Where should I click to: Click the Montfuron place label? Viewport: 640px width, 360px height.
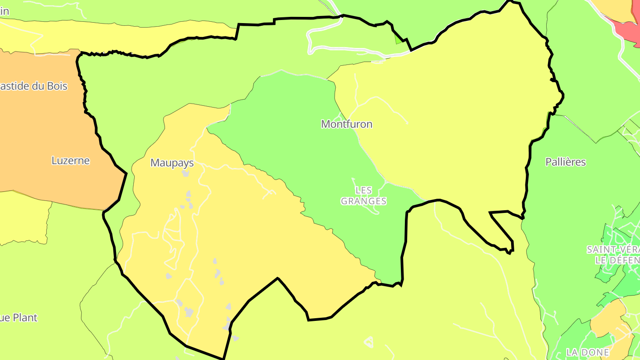tap(347, 124)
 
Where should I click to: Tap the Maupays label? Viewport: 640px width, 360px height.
tap(172, 163)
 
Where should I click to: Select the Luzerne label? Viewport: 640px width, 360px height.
tap(71, 160)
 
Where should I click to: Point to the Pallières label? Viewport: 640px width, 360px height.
tap(566, 162)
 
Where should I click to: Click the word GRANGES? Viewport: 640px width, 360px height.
tap(364, 201)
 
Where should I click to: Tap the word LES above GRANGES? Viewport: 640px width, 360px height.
tap(364, 190)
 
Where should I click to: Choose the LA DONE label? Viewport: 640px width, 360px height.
tap(588, 352)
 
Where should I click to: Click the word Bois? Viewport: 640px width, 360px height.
tap(56, 86)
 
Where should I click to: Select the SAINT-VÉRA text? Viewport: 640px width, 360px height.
tap(613, 249)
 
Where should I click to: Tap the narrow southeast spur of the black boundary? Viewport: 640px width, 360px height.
tap(502, 231)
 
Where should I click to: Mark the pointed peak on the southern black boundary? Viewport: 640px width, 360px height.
tap(278, 279)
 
